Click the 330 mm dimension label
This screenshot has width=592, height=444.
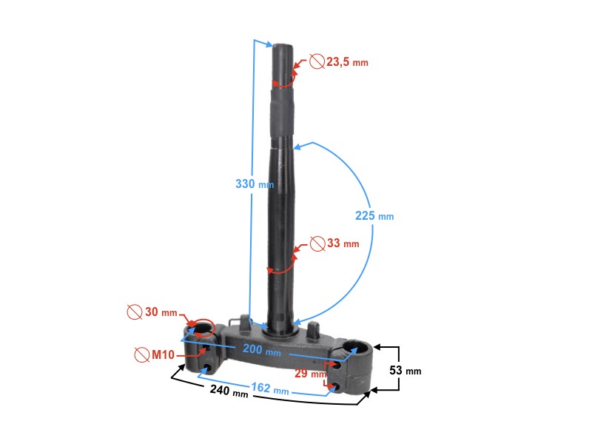255,184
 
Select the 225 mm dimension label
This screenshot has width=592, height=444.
374,216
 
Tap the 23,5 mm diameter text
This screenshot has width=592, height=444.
347,62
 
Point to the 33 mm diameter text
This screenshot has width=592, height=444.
343,243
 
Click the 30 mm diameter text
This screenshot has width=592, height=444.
161,312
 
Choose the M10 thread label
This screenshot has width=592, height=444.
163,354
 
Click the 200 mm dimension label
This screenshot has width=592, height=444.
262,349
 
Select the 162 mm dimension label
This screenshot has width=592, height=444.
270,388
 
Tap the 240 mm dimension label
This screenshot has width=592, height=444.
229,391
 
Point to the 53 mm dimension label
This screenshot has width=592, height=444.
405,371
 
